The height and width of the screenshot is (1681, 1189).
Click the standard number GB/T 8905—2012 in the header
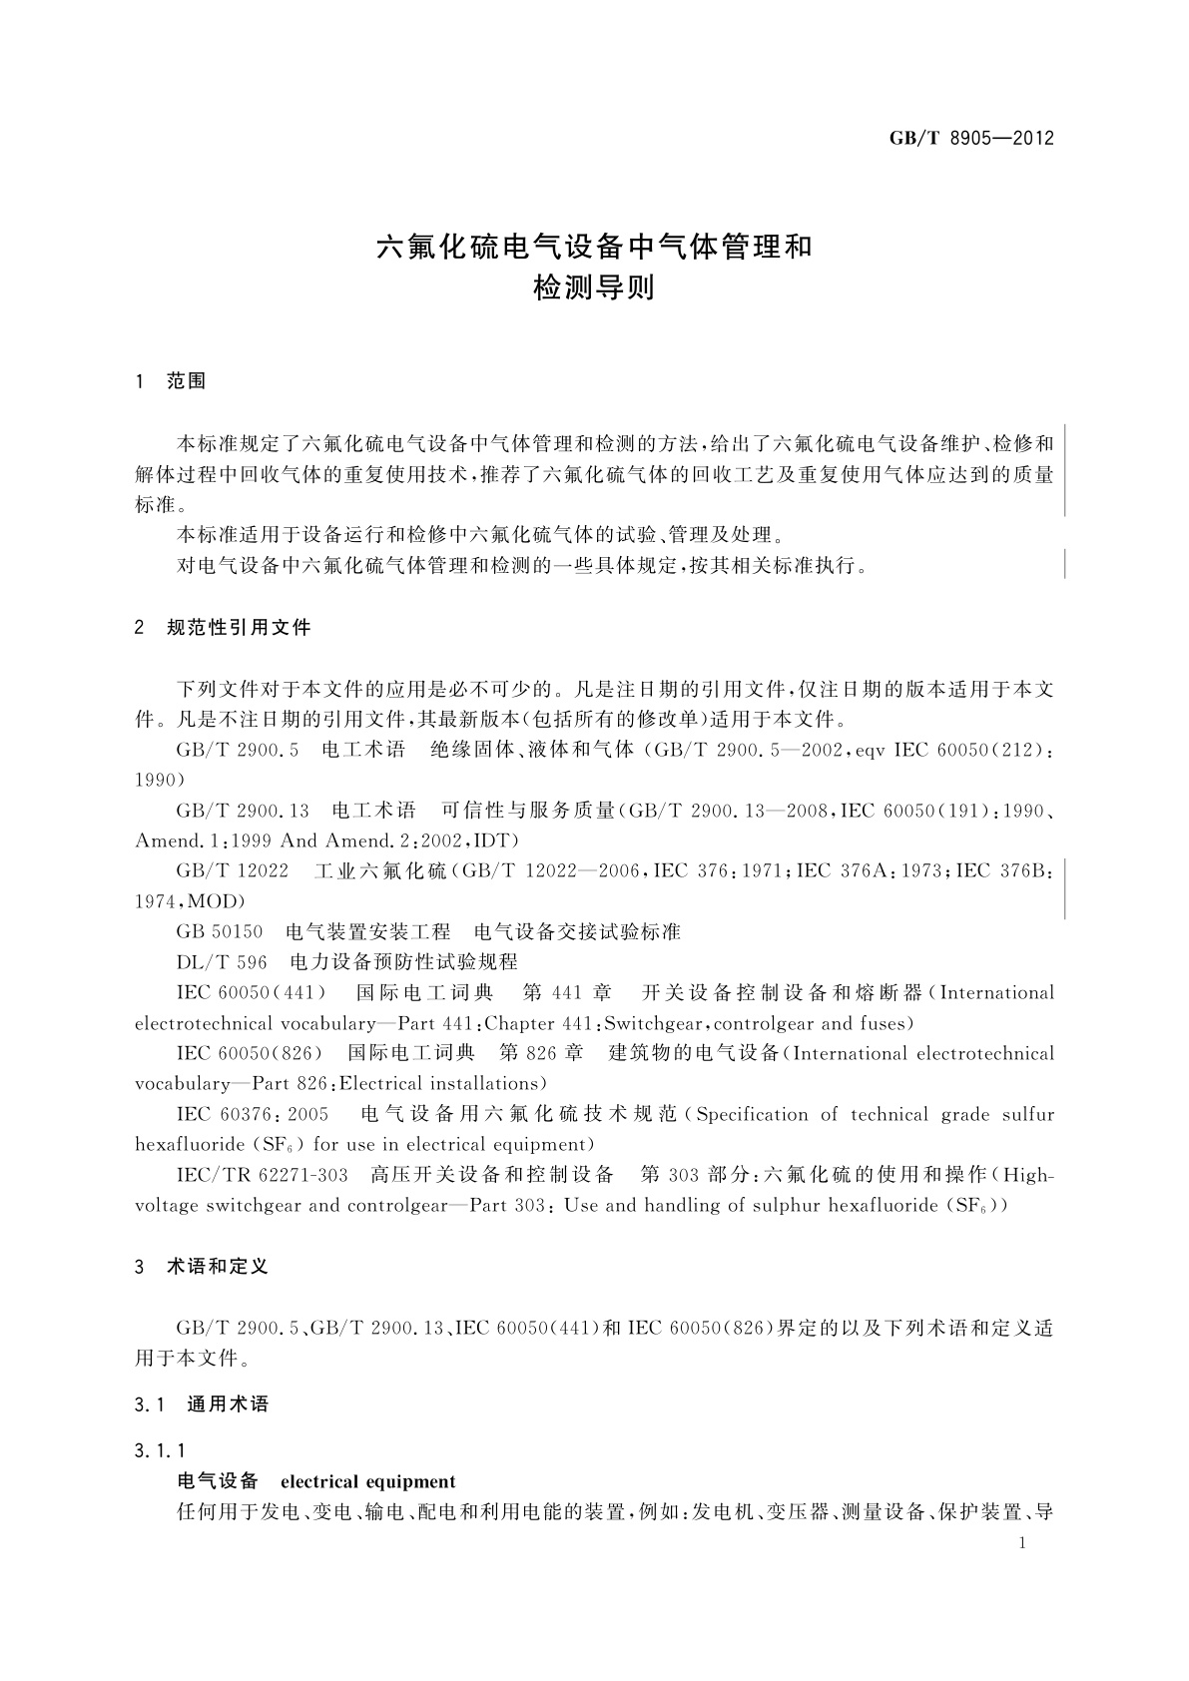tap(970, 138)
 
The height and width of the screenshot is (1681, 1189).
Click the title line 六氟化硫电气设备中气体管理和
tap(594, 248)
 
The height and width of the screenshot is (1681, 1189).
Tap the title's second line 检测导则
tap(594, 289)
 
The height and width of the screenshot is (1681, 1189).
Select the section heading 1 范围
tap(171, 381)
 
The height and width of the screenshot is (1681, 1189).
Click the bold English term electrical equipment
tap(368, 1481)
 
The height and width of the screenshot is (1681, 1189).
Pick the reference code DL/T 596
tap(222, 962)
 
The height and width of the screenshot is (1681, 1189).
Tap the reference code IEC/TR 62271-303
tap(262, 1175)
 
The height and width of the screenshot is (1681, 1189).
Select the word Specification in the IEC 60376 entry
tap(752, 1115)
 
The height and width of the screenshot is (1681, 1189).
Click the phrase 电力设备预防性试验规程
tap(403, 962)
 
